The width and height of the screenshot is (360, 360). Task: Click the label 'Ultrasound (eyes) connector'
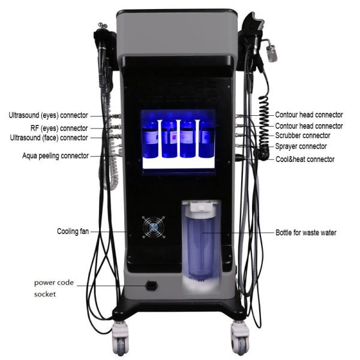click(48, 115)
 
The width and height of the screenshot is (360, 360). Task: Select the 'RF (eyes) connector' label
click(59, 128)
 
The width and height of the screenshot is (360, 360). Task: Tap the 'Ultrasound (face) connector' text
click(49, 138)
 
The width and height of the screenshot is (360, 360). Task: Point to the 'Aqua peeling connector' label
click(55, 155)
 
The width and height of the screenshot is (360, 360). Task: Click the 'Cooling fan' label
click(73, 231)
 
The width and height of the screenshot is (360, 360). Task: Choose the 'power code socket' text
click(54, 288)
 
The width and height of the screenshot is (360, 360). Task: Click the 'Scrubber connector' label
click(302, 136)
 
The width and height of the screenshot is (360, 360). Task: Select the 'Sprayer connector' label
click(301, 146)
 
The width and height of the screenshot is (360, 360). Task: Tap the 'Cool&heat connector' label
click(305, 159)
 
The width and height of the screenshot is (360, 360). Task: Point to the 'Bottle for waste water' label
click(306, 233)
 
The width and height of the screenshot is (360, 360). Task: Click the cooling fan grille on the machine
click(154, 227)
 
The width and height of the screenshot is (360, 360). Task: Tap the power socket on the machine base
click(152, 286)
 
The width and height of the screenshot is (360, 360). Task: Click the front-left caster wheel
click(120, 338)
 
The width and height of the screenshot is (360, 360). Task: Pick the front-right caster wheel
click(240, 338)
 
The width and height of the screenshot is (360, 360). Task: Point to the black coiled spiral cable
click(264, 128)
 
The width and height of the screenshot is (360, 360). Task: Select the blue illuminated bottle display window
click(178, 140)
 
